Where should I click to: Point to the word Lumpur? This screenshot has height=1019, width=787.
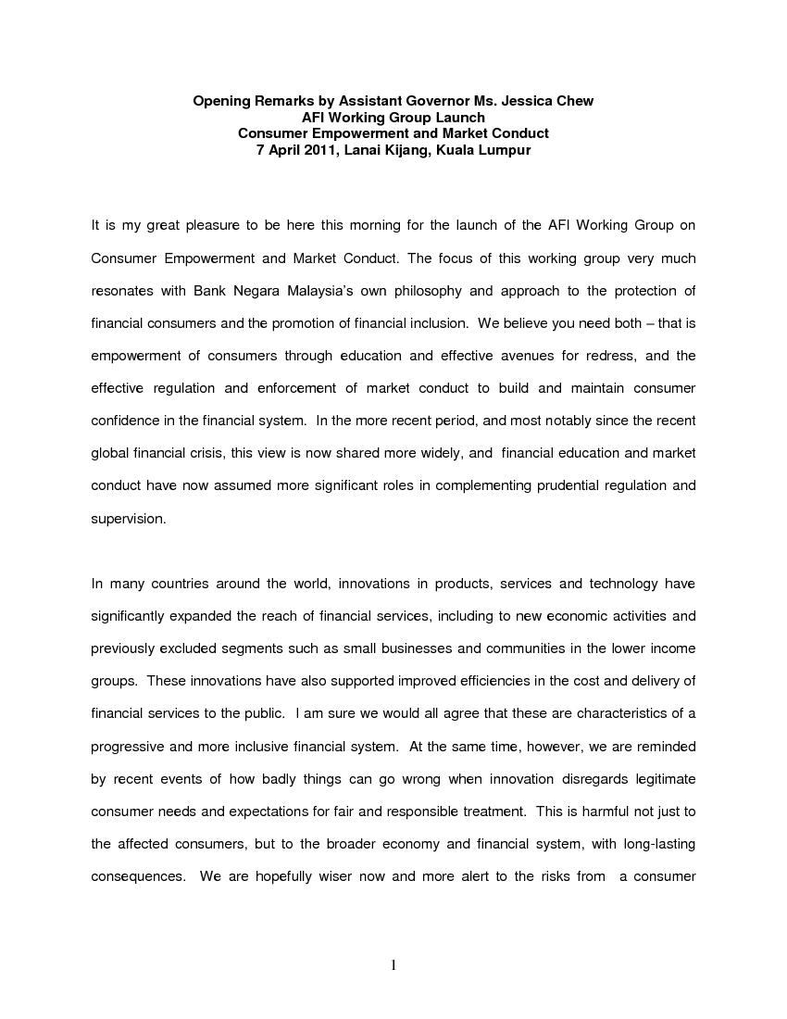tap(504, 150)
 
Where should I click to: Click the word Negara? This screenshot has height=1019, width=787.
tap(263, 291)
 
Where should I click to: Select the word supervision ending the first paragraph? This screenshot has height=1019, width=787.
tap(128, 519)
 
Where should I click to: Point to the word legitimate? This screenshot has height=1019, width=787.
tap(661, 779)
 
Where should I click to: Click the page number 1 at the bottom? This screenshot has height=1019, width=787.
tap(393, 965)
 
